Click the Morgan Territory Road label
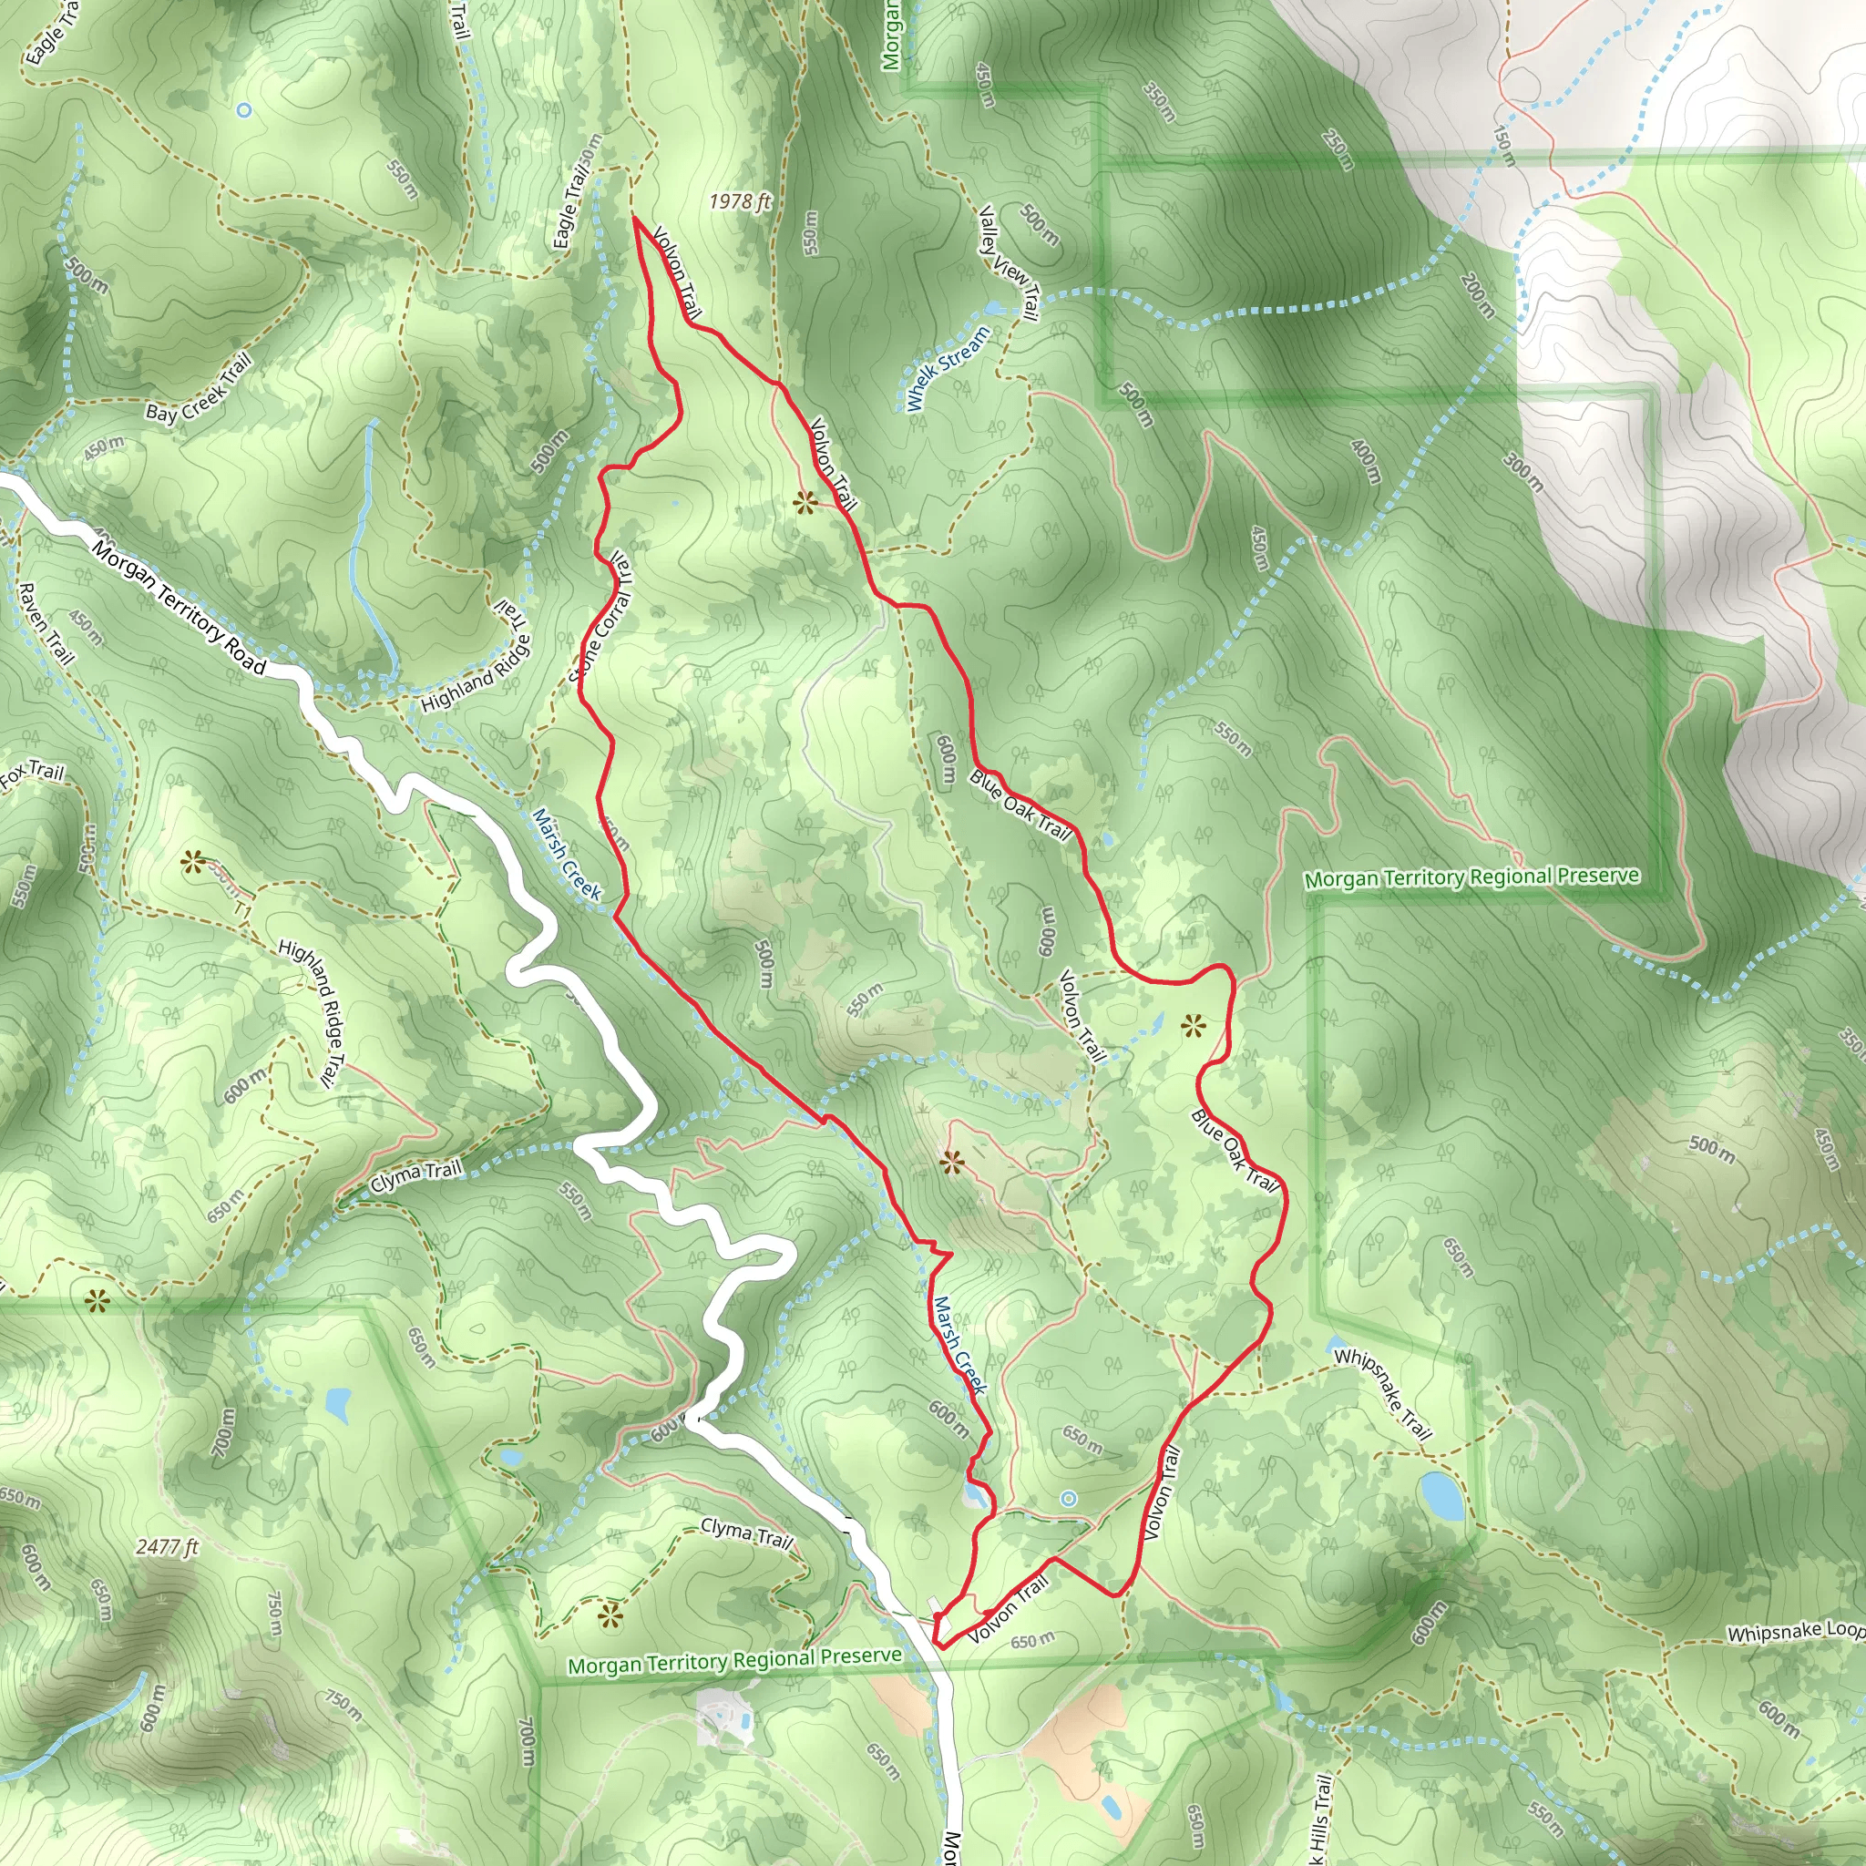(x=179, y=608)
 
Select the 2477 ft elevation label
(x=167, y=1546)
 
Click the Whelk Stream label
(x=948, y=368)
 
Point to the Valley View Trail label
(x=1009, y=262)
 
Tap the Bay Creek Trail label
(x=198, y=388)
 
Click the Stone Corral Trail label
(x=604, y=618)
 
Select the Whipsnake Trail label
(x=1382, y=1394)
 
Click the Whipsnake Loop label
(x=1795, y=1631)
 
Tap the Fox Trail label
(x=32, y=773)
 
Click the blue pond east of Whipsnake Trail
(x=1441, y=1495)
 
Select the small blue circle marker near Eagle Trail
(x=243, y=110)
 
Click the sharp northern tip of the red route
(x=634, y=219)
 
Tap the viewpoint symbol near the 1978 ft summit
(x=805, y=501)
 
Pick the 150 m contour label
(x=1503, y=145)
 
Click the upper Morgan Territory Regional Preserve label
(x=1471, y=877)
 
